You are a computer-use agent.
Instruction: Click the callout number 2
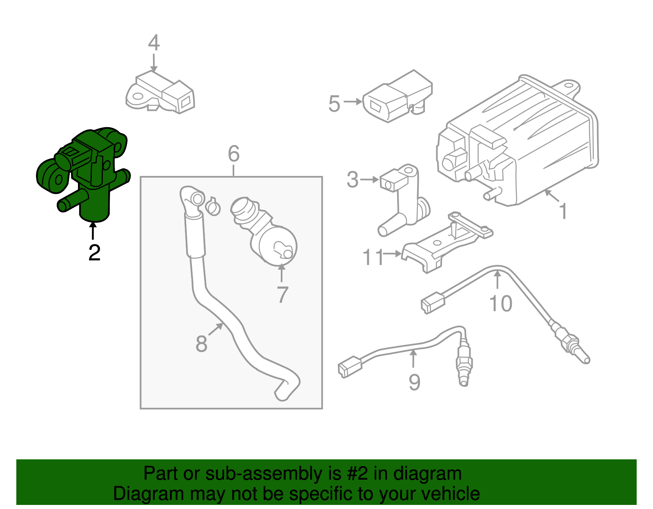[x=94, y=253]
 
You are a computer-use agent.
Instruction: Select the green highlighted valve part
[x=86, y=171]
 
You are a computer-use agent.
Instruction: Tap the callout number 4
[x=153, y=43]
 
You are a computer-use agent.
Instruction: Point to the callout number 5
[x=334, y=104]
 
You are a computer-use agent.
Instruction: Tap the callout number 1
[x=563, y=211]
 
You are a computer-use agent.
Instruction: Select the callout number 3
[x=352, y=180]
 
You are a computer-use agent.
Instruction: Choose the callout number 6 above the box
[x=233, y=154]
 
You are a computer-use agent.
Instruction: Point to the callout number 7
[x=282, y=295]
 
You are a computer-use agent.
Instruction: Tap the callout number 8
[x=201, y=344]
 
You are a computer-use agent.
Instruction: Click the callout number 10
[x=500, y=304]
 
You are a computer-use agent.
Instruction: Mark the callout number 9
[x=414, y=382]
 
